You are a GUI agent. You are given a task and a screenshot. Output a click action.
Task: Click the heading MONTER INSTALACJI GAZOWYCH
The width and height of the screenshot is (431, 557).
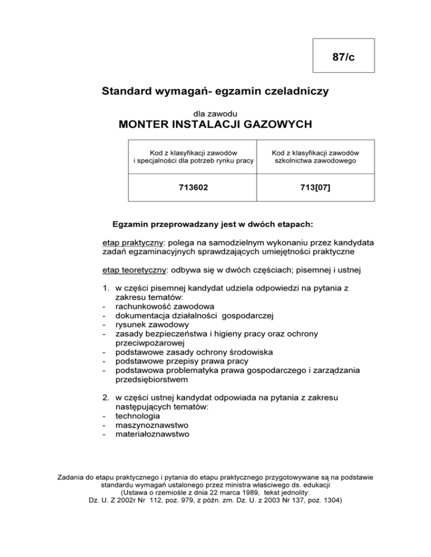pyautogui.click(x=215, y=124)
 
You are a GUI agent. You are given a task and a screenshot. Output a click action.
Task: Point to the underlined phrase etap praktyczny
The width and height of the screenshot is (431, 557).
pyautogui.click(x=131, y=243)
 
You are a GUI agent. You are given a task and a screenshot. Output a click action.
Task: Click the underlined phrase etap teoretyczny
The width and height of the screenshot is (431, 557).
pyautogui.click(x=134, y=271)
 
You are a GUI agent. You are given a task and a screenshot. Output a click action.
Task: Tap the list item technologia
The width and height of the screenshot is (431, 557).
pyautogui.click(x=137, y=416)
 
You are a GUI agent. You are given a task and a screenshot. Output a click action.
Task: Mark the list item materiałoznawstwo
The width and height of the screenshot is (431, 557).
pyautogui.click(x=152, y=434)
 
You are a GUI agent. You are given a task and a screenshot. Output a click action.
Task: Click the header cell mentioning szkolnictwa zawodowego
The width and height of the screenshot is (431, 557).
pyautogui.click(x=315, y=157)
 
